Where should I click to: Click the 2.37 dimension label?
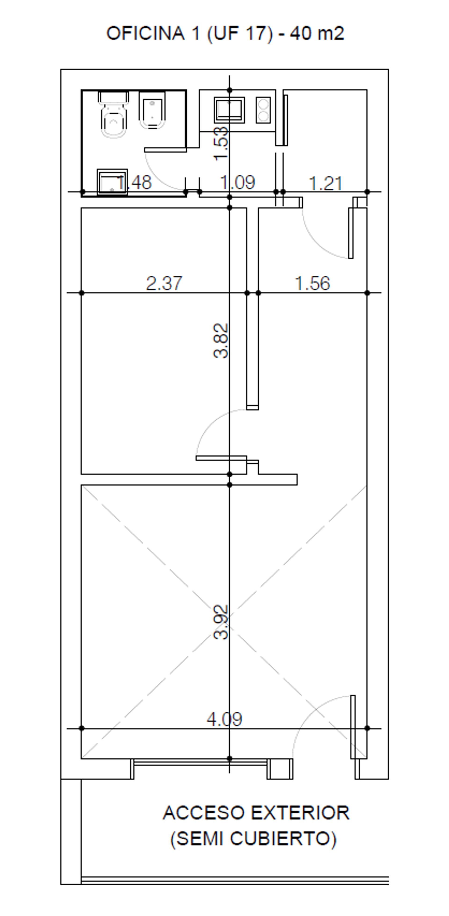point(164,283)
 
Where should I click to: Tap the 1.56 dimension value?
point(312,283)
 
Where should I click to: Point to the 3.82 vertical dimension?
point(221,341)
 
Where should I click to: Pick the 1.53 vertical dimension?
point(221,144)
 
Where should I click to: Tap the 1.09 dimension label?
point(238,182)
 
